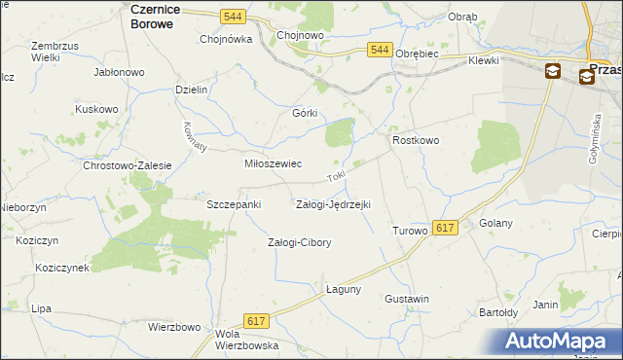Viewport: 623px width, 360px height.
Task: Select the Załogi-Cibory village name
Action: tap(300, 242)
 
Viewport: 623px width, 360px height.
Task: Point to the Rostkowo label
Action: tap(417, 141)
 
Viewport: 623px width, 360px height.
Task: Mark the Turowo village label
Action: tap(410, 231)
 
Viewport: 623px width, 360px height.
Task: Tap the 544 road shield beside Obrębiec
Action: tap(380, 50)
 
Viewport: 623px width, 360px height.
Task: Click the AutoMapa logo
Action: tap(558, 341)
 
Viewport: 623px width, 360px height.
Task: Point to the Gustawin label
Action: tap(407, 299)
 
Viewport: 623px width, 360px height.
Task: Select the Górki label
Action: tap(306, 113)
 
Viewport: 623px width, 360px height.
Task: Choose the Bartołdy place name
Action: tap(497, 313)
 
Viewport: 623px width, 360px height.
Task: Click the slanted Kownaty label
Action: tap(195, 136)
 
